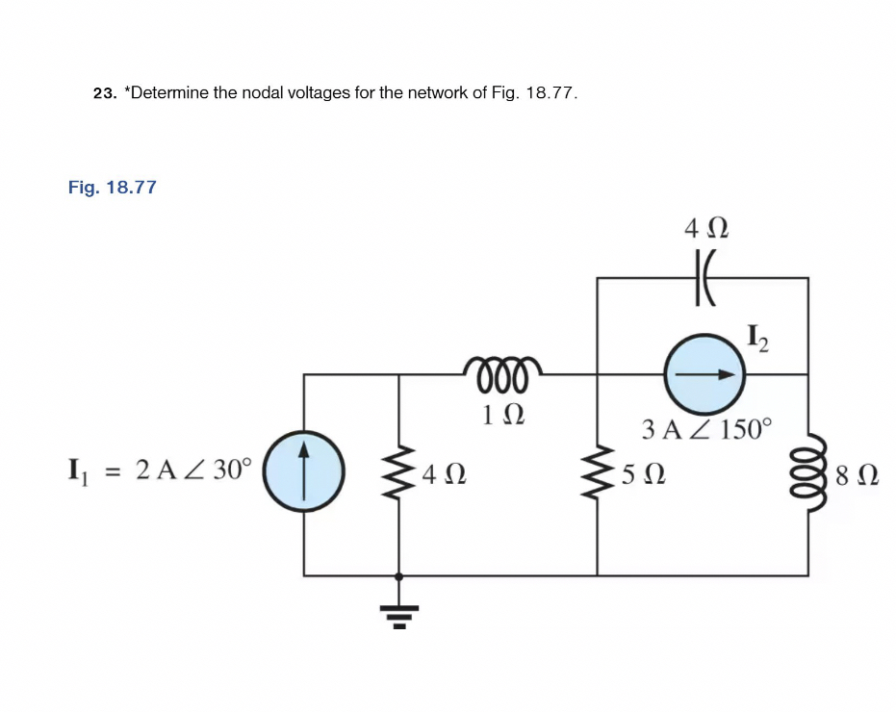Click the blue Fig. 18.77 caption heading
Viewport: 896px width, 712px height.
(x=112, y=187)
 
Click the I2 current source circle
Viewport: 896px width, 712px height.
(x=705, y=374)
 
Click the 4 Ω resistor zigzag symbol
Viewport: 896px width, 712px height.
(x=399, y=473)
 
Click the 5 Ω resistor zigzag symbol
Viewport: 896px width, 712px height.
(x=598, y=473)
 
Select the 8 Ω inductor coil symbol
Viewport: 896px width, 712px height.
(x=806, y=473)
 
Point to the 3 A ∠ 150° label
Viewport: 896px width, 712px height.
(x=706, y=428)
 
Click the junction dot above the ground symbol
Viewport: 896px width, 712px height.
(x=399, y=575)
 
